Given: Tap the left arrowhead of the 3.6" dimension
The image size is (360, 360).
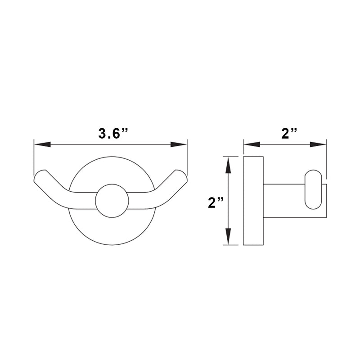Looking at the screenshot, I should pos(41,144).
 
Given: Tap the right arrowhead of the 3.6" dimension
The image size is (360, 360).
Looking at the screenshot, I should pos(179,144).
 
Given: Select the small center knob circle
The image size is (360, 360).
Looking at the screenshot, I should pos(112,201).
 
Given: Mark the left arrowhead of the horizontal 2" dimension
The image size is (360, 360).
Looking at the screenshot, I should pos(251,144).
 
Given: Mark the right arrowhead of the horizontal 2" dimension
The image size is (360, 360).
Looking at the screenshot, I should pos(319,144).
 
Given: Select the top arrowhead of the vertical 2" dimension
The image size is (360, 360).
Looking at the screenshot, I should pos(228,165).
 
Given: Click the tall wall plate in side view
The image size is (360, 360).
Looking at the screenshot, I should pos(253,201).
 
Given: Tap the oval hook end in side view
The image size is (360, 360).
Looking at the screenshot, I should pos(313,189).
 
